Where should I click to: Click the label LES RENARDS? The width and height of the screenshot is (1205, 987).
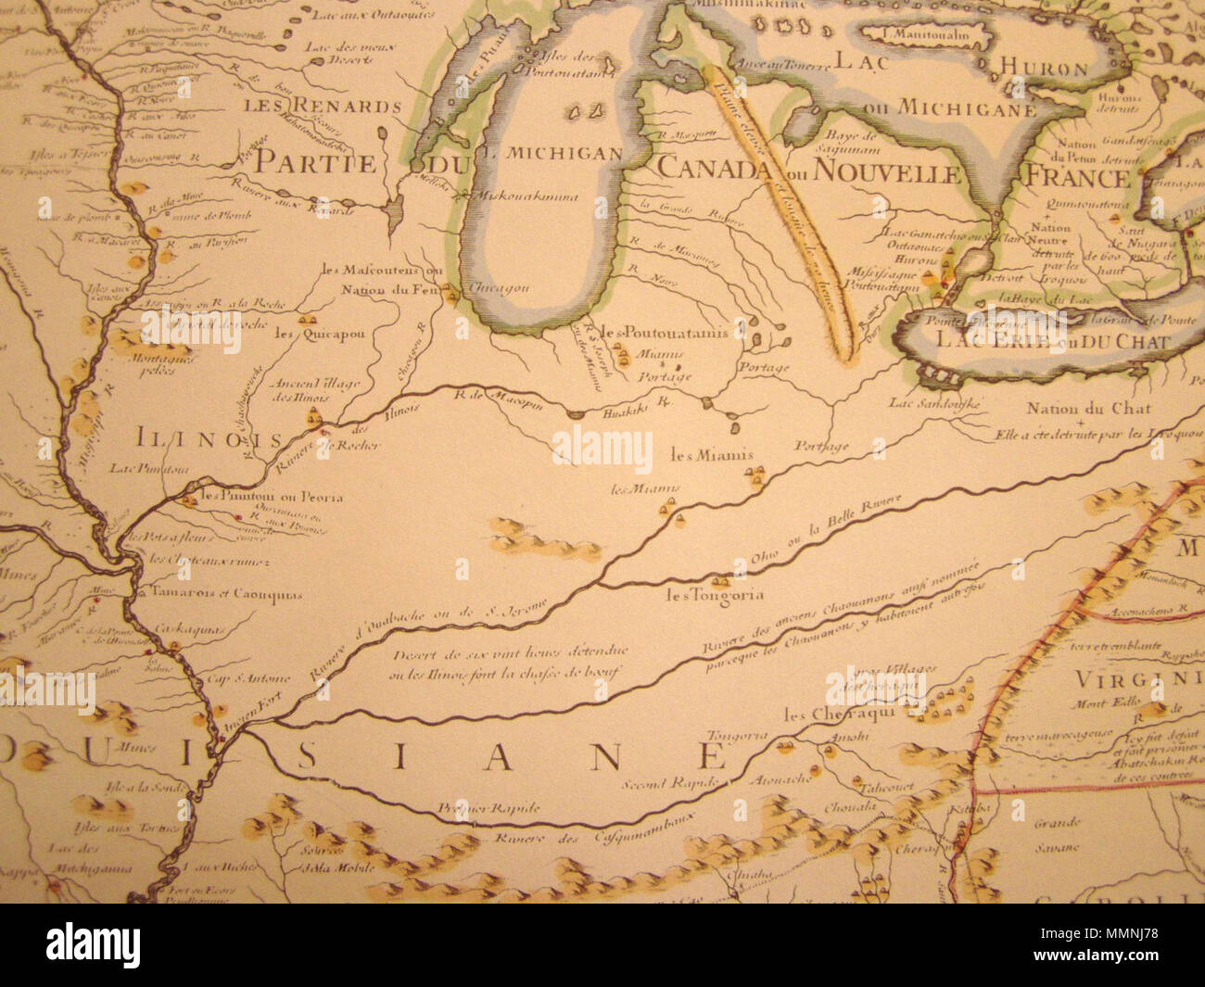tap(323, 106)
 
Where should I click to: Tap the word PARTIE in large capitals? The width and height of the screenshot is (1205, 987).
tap(316, 163)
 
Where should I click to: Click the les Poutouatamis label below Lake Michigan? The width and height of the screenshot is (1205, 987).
tap(662, 332)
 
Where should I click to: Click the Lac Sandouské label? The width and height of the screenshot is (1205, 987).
tap(933, 402)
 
